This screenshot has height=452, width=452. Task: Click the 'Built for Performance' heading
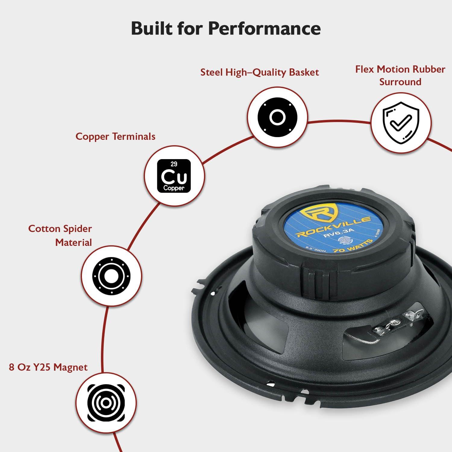pyautogui.click(x=226, y=29)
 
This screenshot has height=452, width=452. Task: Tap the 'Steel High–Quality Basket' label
pyautogui.click(x=259, y=72)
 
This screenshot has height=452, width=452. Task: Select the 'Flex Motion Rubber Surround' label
pyautogui.click(x=400, y=75)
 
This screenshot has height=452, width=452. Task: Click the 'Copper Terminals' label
pyautogui.click(x=115, y=136)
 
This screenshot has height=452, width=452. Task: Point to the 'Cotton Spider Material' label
pyautogui.click(x=60, y=235)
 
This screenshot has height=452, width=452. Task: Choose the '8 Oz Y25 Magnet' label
pyautogui.click(x=48, y=367)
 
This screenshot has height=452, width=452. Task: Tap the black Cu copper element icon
pyautogui.click(x=174, y=176)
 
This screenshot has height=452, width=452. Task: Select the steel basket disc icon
pyautogui.click(x=277, y=117)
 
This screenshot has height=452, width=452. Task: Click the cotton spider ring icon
pyautogui.click(x=111, y=275)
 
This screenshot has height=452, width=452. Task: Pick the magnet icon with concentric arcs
pyautogui.click(x=105, y=403)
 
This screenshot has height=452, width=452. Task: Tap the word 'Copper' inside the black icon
pyautogui.click(x=174, y=188)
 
